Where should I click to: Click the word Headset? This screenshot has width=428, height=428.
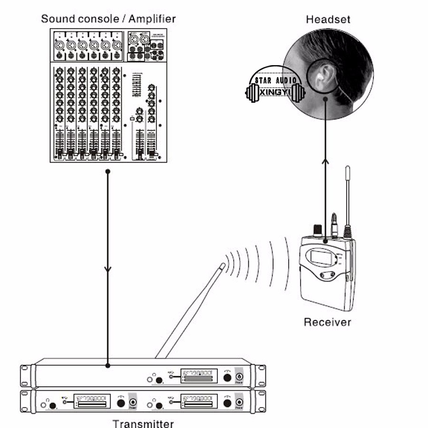pyautogui.click(x=328, y=19)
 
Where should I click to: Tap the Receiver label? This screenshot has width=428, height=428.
pyautogui.click(x=327, y=322)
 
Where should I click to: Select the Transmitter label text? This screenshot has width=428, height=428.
pyautogui.click(x=143, y=423)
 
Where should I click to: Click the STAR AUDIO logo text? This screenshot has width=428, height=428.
pyautogui.click(x=276, y=81)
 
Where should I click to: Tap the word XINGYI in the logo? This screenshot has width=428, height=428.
pyautogui.click(x=274, y=92)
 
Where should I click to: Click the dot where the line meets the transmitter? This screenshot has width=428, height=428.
pyautogui.click(x=108, y=366)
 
